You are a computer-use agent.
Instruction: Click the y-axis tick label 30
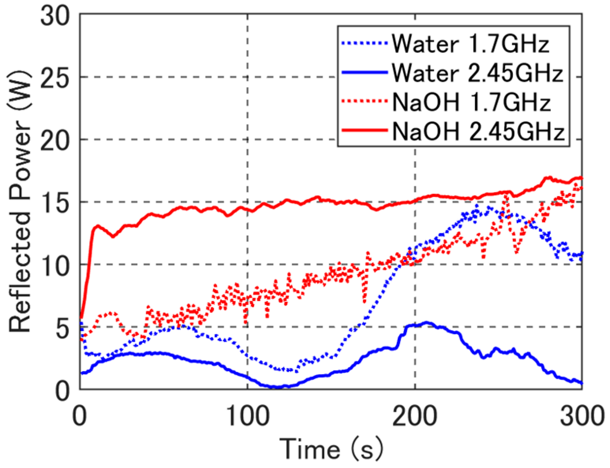coord(55,17)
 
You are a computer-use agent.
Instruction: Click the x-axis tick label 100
coord(248,416)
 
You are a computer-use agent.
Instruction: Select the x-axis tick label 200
coord(415,416)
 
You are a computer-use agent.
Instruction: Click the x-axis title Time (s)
coord(331,449)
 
